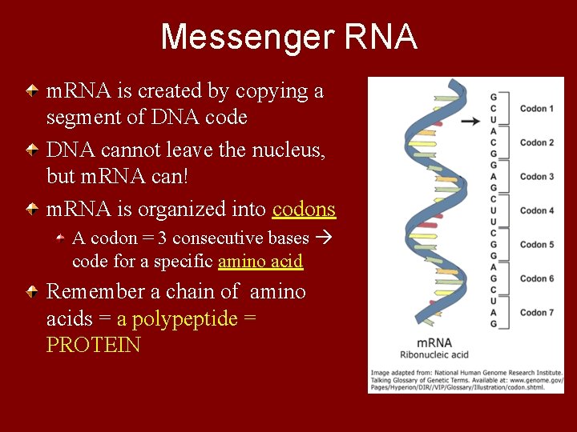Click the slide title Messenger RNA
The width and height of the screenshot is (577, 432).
tap(288, 38)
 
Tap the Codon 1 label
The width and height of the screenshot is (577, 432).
tap(537, 109)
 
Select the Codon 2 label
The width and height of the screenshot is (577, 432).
tap(537, 142)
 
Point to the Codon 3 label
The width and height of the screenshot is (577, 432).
tap(537, 177)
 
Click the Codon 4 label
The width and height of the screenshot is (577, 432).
tap(537, 211)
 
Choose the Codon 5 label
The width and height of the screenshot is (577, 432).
tap(537, 245)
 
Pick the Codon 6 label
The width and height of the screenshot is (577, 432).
tap(537, 278)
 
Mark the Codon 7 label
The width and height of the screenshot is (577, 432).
tap(537, 313)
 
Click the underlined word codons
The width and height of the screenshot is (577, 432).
tap(304, 210)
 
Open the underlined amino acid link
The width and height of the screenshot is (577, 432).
tap(260, 262)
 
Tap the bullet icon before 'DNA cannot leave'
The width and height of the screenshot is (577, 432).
tap(31, 150)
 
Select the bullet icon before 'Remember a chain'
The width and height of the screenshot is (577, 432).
tap(31, 292)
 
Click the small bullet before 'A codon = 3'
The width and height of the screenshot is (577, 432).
tap(61, 238)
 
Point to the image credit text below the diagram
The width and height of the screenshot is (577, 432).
tap(466, 380)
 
